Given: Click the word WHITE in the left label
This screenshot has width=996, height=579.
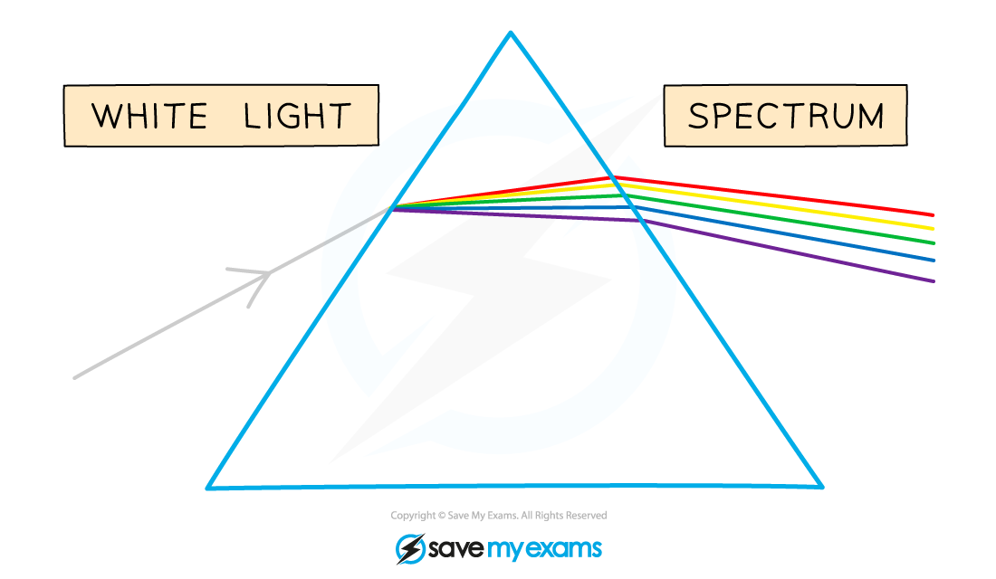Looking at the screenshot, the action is click(149, 116).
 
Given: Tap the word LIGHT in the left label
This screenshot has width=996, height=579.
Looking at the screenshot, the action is click(297, 116).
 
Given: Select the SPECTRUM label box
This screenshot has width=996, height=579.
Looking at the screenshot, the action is click(785, 116).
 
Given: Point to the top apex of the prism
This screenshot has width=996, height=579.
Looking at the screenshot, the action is click(510, 33).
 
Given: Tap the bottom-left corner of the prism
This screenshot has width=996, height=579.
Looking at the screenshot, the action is click(207, 489).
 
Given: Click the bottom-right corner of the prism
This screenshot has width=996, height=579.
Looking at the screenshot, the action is click(822, 487).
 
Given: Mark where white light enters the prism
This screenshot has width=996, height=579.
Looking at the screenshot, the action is click(392, 207).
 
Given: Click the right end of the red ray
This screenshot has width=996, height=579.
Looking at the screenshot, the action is click(933, 215).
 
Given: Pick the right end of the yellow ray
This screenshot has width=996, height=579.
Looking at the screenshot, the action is click(933, 229).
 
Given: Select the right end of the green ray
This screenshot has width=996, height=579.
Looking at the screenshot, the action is click(934, 243).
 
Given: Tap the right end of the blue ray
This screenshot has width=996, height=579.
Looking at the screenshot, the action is click(934, 261).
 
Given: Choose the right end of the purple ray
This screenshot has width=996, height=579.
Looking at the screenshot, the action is click(934, 281).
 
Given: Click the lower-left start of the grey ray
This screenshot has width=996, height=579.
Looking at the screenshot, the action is click(75, 378).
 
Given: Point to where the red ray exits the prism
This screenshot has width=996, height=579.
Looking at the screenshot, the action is click(612, 177).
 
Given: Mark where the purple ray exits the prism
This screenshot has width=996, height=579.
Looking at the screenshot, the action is click(640, 221).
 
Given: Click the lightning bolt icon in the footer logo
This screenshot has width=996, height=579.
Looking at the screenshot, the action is click(410, 549).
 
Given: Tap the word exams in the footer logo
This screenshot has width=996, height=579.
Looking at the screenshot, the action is click(563, 549).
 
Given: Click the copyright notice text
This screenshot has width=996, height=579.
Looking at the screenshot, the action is click(499, 516).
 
